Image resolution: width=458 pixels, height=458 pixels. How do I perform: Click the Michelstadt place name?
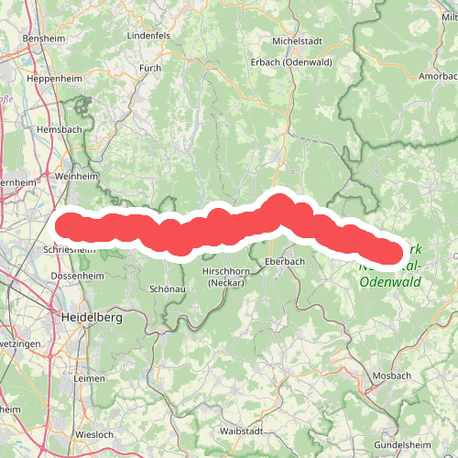click(x=299, y=42)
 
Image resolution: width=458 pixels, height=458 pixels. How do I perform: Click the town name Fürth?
click(x=149, y=69)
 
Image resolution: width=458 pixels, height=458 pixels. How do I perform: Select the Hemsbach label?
click(x=59, y=130)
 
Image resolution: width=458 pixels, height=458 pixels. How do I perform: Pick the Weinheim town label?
click(x=76, y=175)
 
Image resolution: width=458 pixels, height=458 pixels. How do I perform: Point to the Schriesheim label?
click(x=69, y=248)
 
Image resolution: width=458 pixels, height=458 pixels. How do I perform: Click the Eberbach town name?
click(x=283, y=261)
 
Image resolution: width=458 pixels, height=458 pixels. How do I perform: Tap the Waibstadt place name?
click(x=242, y=431)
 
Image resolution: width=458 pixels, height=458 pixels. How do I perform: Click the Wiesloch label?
click(x=95, y=435)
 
